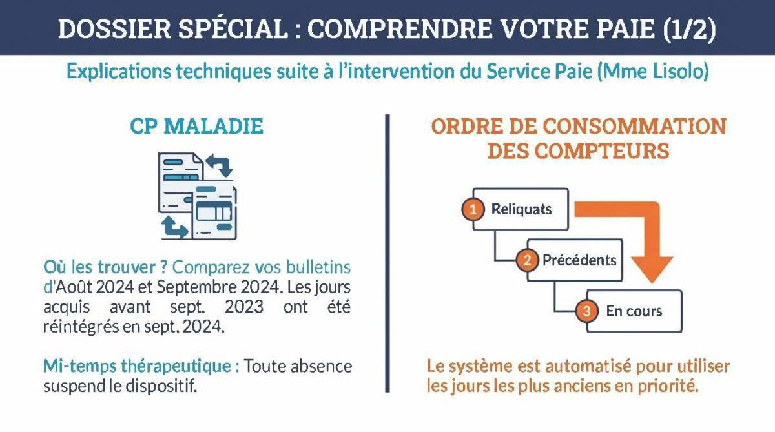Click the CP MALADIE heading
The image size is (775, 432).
click(x=197, y=127)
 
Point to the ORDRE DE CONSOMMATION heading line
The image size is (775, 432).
click(x=579, y=126)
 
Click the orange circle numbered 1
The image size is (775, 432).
click(x=473, y=209)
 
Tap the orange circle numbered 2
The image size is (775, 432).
click(x=527, y=261)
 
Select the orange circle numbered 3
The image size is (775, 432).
click(x=586, y=311)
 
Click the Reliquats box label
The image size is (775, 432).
click(x=522, y=209)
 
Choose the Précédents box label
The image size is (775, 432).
click(x=579, y=261)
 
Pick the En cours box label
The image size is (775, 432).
click(x=634, y=311)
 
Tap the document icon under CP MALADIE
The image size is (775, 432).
click(x=197, y=194)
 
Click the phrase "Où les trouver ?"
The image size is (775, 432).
click(x=106, y=267)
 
